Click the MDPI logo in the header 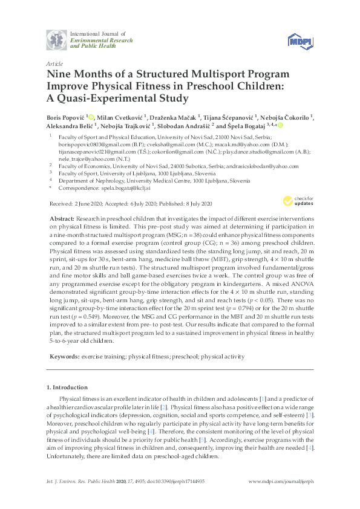coord(300,39)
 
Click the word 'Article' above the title coord(53,63)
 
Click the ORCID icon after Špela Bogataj coord(281,126)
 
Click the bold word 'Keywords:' coord(62,357)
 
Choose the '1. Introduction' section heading coord(67,386)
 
